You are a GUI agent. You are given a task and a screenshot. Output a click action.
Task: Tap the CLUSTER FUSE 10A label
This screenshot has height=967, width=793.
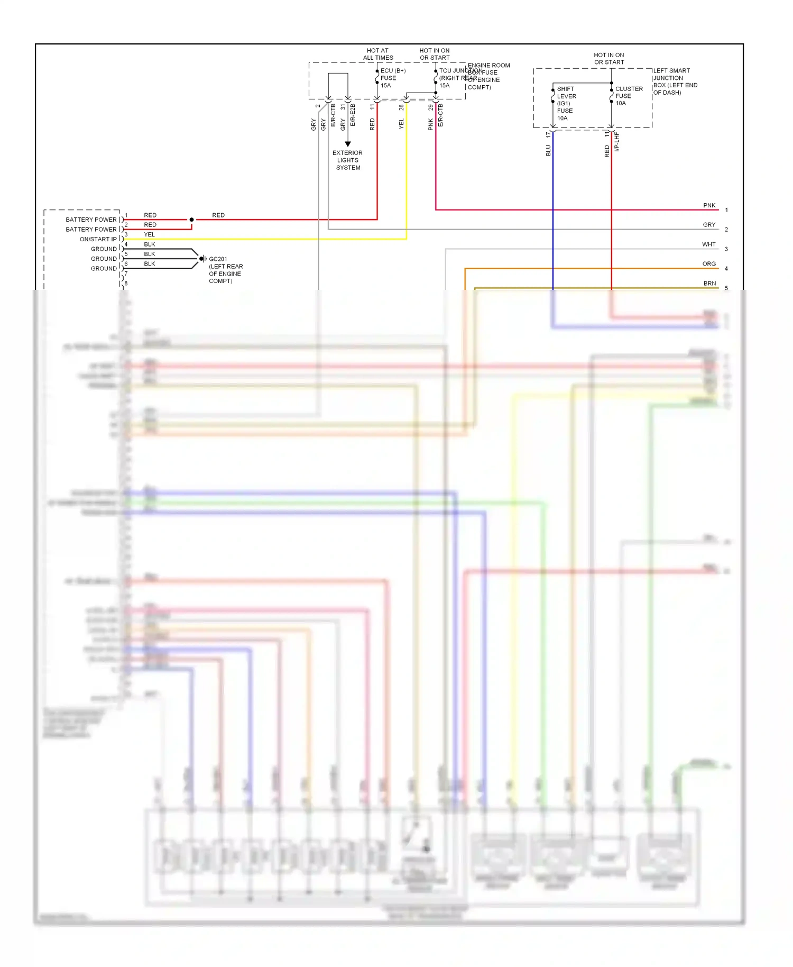[629, 96]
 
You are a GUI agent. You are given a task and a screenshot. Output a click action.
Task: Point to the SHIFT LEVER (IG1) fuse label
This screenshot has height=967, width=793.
[566, 103]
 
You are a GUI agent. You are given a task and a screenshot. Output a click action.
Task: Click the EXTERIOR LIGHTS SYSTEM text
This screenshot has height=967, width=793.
[347, 160]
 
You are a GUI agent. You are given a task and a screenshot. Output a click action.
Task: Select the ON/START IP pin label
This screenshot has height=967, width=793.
[98, 239]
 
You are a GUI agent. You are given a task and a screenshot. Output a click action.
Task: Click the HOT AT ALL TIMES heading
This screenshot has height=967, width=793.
[377, 54]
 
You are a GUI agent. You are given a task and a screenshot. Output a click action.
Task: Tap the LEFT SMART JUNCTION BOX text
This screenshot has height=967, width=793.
[675, 81]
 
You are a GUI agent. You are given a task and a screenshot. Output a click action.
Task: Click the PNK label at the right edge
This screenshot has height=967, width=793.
[709, 205]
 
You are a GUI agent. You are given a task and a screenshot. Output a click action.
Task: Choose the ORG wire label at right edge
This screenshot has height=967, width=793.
[709, 263]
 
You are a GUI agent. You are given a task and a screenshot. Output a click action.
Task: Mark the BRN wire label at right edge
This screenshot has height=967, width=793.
[709, 283]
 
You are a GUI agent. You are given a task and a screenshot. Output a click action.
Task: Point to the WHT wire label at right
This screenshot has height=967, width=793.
[708, 244]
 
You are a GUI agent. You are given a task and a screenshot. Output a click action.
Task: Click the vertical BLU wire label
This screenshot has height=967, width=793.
[548, 151]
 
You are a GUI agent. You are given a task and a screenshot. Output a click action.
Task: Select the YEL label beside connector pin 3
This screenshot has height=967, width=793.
[150, 234]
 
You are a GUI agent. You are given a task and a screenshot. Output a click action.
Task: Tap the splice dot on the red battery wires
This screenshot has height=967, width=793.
[191, 220]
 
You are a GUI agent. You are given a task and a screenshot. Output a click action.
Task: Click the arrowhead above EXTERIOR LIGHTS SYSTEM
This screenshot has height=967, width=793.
[348, 144]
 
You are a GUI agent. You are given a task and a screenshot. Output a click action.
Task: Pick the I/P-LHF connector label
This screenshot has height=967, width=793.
[616, 142]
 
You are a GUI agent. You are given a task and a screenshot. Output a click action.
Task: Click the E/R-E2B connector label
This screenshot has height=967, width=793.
[353, 115]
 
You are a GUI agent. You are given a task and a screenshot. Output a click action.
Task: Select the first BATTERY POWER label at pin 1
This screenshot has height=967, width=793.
[91, 220]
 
